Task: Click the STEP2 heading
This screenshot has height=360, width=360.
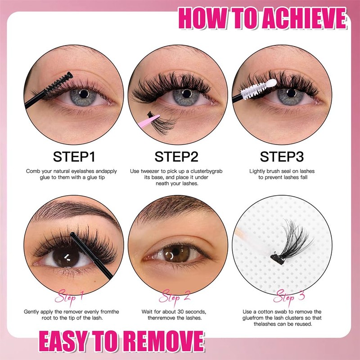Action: tap(176, 157)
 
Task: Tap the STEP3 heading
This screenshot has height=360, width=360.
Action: tap(282, 157)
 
